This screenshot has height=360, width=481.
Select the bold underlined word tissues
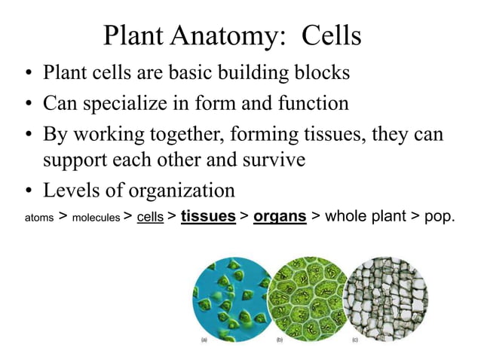pyautogui.click(x=208, y=217)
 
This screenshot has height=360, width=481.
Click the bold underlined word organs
pyautogui.click(x=280, y=217)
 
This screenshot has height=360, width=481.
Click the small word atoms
pyautogui.click(x=38, y=218)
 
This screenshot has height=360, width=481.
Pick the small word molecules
pyautogui.click(x=96, y=218)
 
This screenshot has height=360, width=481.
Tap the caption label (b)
pyautogui.click(x=280, y=340)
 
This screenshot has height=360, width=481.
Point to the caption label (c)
pyautogui.click(x=354, y=340)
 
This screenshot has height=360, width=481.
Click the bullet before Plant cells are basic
pyautogui.click(x=27, y=75)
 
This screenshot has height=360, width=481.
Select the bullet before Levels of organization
pyautogui.click(x=27, y=190)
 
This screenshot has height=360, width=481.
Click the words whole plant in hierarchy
pyautogui.click(x=365, y=217)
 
